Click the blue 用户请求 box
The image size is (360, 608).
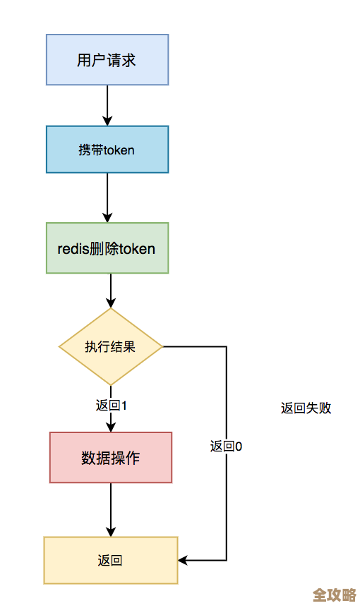coord(107,61)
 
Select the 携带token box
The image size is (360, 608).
coord(107,150)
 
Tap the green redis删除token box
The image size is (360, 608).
coord(107,248)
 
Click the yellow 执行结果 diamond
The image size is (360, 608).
coord(111,347)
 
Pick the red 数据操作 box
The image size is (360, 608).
coord(111,458)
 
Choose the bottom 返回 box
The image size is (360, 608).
coord(111,561)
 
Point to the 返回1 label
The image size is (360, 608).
coord(111,406)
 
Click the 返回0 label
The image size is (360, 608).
coord(226,446)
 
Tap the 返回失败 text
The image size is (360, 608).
coord(306,408)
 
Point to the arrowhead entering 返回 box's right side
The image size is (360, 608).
coord(183,561)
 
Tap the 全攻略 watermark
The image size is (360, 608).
coord(334,594)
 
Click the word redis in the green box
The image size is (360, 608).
coord(73,248)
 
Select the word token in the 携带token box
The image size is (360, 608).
coord(119,150)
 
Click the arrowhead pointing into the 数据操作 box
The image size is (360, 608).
coord(111,427)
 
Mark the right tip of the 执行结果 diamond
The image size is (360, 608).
coord(162,347)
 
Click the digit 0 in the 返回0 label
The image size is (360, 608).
coord(239,446)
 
